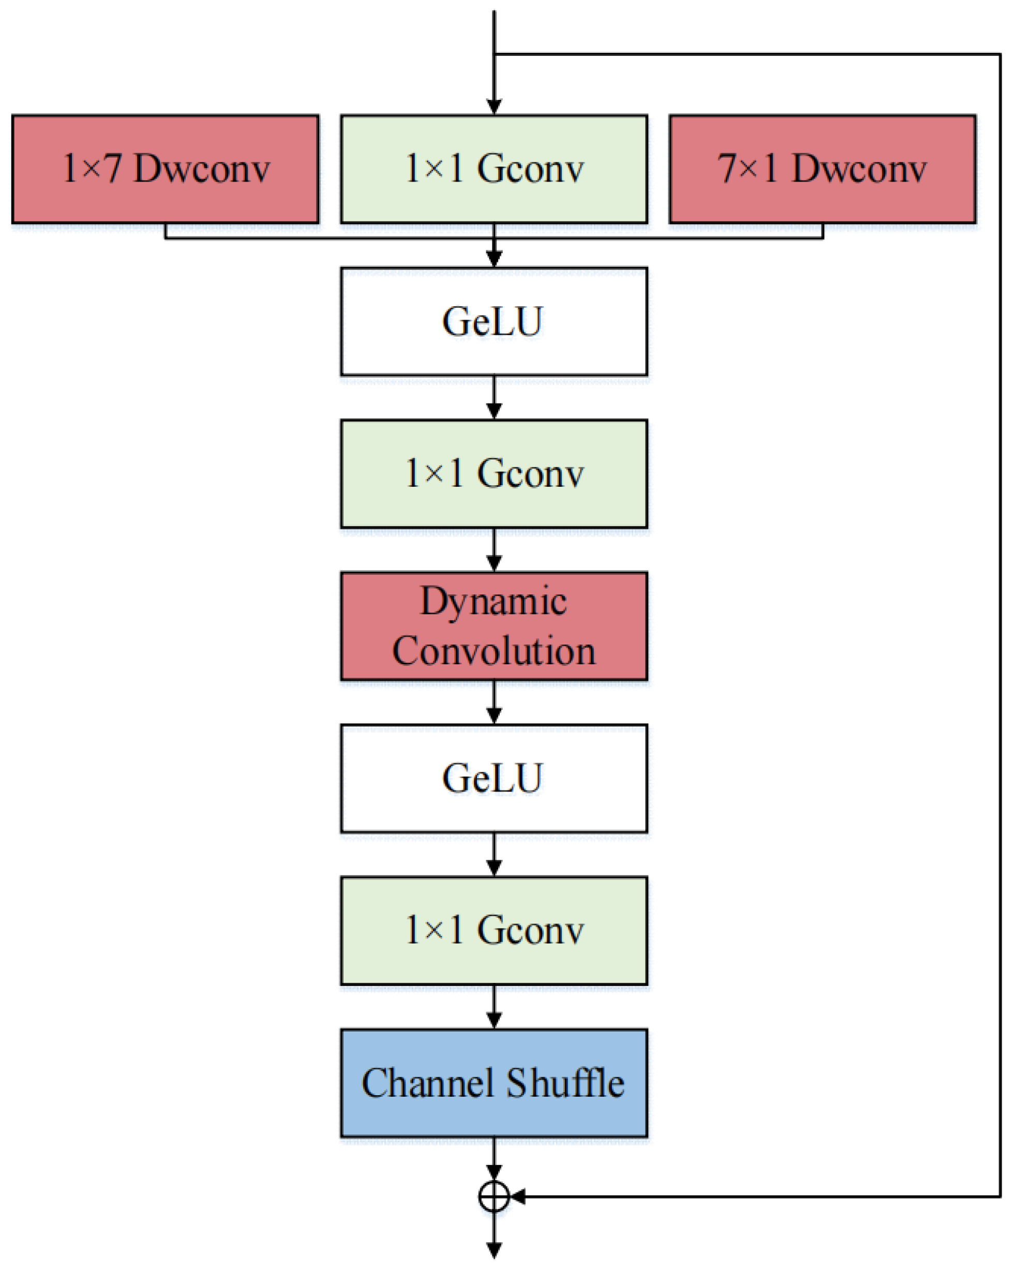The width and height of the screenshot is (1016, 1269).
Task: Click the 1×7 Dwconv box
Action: [x=166, y=169]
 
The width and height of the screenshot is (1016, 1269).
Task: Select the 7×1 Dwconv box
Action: [x=823, y=169]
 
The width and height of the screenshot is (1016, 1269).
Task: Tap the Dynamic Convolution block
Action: [x=494, y=625]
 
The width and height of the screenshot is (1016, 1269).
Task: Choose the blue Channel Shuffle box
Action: [x=494, y=1083]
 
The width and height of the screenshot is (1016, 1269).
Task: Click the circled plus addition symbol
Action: [x=494, y=1197]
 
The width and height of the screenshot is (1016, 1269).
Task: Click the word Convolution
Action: [x=494, y=650]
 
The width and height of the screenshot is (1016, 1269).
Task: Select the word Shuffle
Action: [x=565, y=1082]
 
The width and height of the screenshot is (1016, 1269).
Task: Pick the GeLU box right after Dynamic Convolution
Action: [x=494, y=778]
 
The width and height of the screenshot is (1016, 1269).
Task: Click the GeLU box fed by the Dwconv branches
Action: [x=494, y=321]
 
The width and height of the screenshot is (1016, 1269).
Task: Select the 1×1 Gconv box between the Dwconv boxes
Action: [x=494, y=169]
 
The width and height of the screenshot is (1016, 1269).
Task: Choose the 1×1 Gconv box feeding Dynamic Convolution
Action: [x=494, y=474]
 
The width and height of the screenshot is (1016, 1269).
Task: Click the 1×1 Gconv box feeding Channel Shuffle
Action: [x=494, y=931]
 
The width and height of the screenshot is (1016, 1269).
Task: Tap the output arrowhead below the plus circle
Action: [x=494, y=1249]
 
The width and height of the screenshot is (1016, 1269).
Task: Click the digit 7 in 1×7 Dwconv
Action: [x=112, y=169]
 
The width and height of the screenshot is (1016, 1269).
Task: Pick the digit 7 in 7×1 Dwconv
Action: [x=727, y=169]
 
